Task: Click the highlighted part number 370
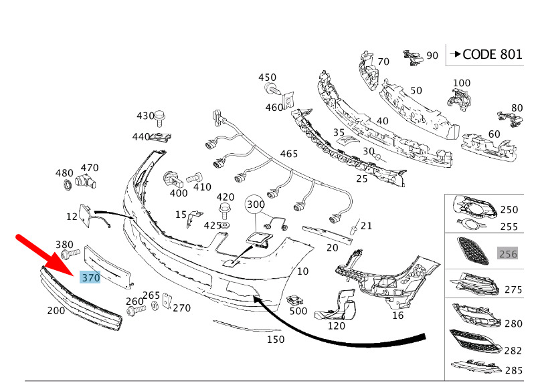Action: pyautogui.click(x=90, y=277)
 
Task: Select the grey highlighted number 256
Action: pyautogui.click(x=508, y=254)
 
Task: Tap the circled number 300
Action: pyautogui.click(x=256, y=205)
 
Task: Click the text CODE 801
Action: pyautogui.click(x=492, y=54)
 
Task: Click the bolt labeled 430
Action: pyautogui.click(x=159, y=118)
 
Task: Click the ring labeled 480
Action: pyautogui.click(x=66, y=185)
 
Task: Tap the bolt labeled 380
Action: pyautogui.click(x=70, y=255)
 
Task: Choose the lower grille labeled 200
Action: pyautogui.click(x=82, y=298)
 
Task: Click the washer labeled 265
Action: pyautogui.click(x=155, y=305)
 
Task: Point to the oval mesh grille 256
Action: pyautogui.click(x=474, y=250)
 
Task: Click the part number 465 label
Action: pyautogui.click(x=288, y=154)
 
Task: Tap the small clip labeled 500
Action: pyautogui.click(x=295, y=299)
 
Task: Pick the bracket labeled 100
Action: pyautogui.click(x=459, y=98)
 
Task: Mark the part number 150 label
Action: pyautogui.click(x=276, y=339)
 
